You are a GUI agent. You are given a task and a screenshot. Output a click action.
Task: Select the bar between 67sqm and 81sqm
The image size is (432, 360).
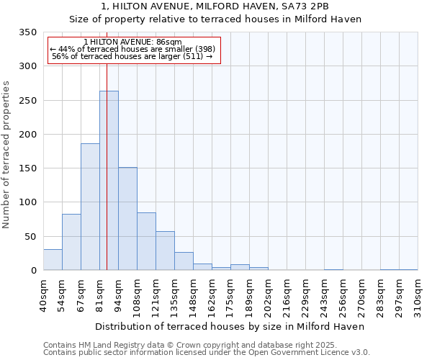click(90, 207)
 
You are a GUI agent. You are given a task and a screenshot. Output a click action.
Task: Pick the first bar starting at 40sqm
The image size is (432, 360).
click(53, 260)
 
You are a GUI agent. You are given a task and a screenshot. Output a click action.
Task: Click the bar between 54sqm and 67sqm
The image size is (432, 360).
click(71, 242)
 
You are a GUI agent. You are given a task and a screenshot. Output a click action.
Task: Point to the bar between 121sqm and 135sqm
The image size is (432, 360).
click(165, 251)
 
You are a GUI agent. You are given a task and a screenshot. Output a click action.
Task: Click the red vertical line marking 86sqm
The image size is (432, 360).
click(107, 144)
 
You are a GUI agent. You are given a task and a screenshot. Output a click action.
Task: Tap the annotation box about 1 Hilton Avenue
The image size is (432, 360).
click(133, 50)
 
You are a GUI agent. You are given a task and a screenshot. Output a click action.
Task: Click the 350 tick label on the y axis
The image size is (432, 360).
click(27, 32)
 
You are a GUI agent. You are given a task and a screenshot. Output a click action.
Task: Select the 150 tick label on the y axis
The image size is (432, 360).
click(27, 168)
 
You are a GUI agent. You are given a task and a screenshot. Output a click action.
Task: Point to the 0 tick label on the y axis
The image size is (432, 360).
click(33, 271)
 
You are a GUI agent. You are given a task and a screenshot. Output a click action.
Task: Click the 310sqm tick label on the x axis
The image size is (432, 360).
click(418, 295)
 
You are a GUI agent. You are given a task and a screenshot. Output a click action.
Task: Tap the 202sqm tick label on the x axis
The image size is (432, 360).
click(268, 295)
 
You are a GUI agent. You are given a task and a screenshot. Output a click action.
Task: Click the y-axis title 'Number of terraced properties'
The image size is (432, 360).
click(6, 155)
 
